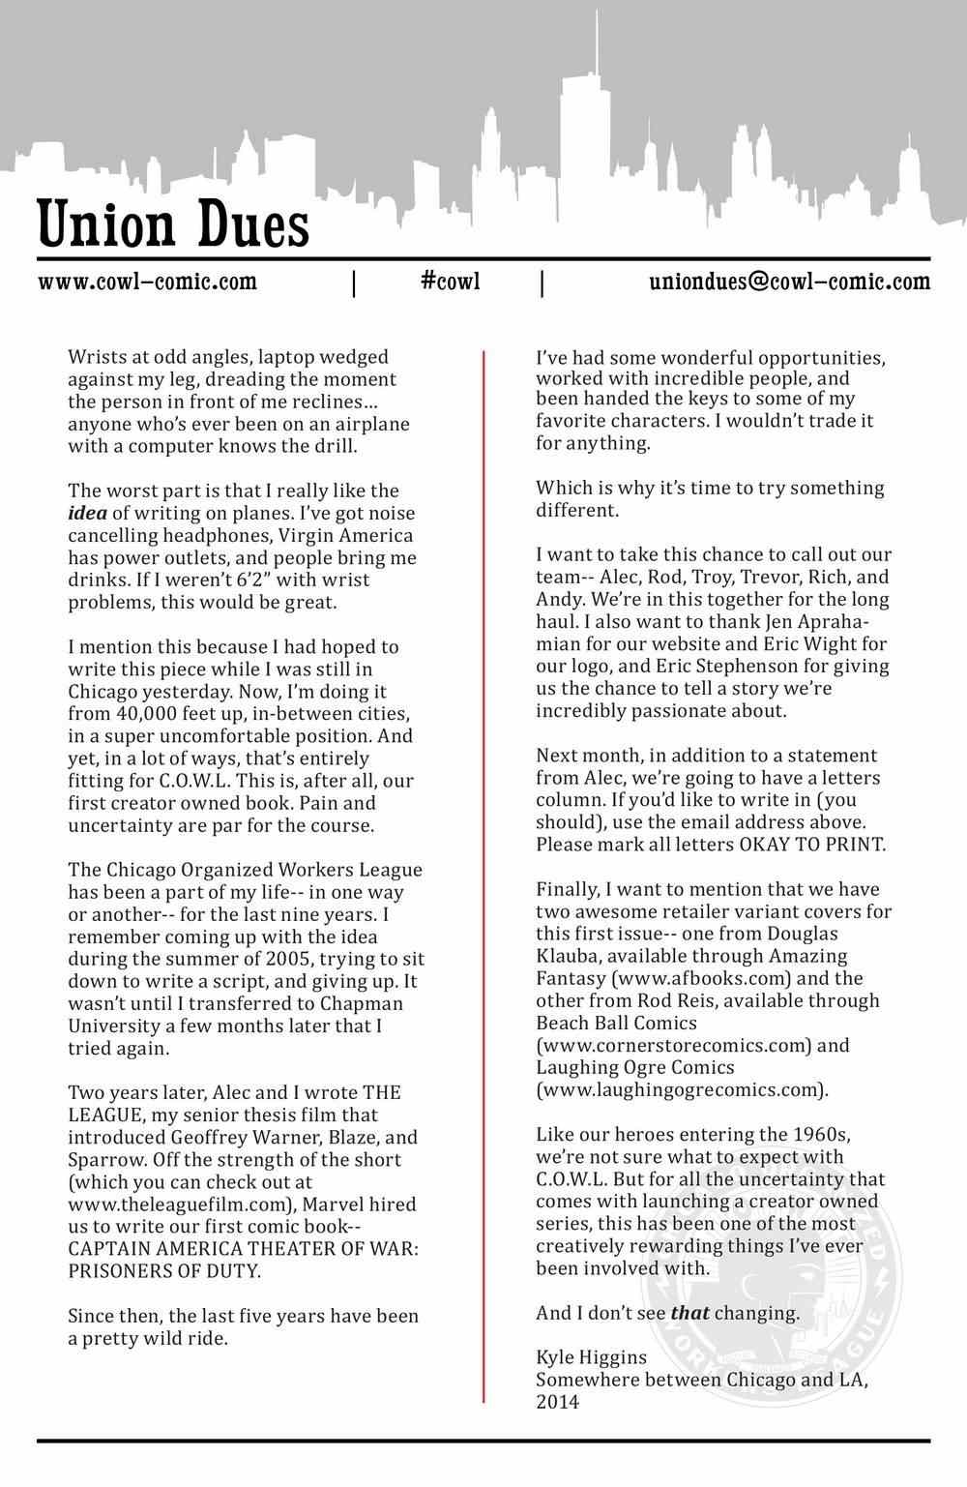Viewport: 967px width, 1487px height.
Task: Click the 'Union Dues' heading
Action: tap(174, 224)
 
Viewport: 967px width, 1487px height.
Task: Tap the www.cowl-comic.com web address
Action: tap(148, 282)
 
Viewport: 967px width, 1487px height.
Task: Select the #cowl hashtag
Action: tap(451, 282)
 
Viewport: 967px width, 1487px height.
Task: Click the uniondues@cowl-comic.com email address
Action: tap(789, 282)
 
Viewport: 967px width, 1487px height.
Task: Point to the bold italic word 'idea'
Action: tap(88, 513)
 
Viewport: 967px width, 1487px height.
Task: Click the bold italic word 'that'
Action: tap(689, 1313)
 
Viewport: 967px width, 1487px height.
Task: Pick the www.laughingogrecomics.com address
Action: tap(682, 1089)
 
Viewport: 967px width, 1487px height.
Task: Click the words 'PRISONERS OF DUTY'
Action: tap(164, 1270)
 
